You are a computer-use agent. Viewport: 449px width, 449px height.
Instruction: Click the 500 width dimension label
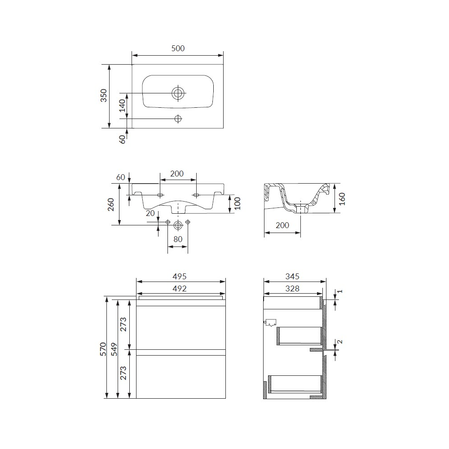(x=178, y=48)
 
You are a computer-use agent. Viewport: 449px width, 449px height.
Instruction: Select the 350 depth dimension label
(x=103, y=95)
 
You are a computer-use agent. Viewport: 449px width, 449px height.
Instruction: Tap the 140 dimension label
(x=122, y=106)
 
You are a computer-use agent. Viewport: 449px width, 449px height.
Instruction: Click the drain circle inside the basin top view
(x=178, y=93)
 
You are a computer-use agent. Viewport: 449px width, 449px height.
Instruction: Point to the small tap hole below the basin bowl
(x=178, y=119)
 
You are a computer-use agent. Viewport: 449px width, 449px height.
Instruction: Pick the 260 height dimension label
(x=111, y=204)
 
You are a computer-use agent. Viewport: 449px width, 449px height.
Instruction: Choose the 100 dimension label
(x=238, y=203)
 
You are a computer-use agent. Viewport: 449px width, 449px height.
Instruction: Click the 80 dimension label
(x=178, y=239)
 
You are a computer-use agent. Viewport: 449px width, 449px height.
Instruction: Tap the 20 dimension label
(x=150, y=213)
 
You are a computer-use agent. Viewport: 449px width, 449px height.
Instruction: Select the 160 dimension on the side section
(x=342, y=199)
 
